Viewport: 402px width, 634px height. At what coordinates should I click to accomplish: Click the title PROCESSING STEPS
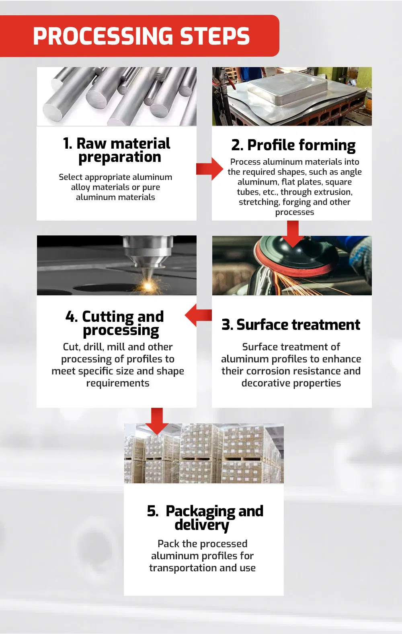click(x=141, y=36)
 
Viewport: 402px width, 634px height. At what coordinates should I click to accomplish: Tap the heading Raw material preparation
click(x=117, y=150)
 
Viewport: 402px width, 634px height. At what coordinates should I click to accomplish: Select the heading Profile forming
click(x=293, y=145)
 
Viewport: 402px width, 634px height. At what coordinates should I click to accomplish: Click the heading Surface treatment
click(x=291, y=324)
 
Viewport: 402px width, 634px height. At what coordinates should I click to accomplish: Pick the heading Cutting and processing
click(x=115, y=323)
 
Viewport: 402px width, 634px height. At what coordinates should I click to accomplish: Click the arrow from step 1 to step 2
click(x=209, y=169)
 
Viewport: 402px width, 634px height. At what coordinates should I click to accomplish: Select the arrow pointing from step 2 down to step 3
click(x=293, y=234)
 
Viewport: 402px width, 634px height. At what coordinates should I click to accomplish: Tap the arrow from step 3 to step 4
click(x=198, y=315)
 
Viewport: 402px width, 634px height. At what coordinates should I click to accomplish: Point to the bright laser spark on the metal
click(x=147, y=286)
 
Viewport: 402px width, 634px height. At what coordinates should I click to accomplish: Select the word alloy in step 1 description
click(x=80, y=187)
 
